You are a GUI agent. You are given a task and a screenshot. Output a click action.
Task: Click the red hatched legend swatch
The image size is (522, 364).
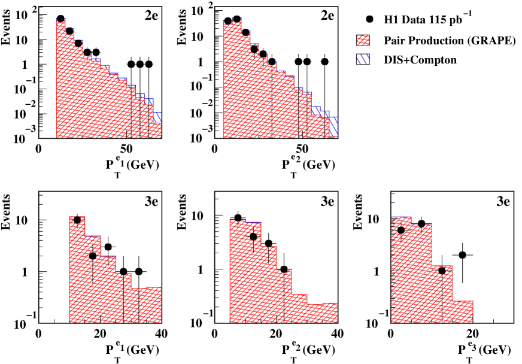[363, 40]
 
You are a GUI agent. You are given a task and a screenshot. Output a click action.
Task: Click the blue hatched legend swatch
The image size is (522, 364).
[363, 59]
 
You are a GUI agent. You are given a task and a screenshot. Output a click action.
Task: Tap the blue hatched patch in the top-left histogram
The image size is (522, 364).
[157, 117]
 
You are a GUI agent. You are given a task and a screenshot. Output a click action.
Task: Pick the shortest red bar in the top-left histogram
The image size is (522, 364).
[155, 130]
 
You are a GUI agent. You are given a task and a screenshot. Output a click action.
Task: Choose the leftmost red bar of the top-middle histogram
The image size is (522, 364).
[227, 81]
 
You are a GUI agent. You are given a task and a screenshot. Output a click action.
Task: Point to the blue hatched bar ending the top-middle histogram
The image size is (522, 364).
[334, 126]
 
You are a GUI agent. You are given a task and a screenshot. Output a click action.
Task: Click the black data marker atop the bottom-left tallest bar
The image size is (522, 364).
[77, 220]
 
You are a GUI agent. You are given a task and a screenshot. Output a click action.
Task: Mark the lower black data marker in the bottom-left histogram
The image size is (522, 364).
[93, 256]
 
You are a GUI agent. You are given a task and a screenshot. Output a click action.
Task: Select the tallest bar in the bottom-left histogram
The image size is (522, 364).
[77, 269]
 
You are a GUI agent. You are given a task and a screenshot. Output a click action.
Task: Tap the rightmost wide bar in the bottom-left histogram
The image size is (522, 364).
[150, 305]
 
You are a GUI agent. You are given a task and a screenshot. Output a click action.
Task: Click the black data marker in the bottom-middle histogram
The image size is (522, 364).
[253, 236]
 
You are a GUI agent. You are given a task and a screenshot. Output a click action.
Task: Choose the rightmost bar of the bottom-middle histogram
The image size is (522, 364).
[330, 313]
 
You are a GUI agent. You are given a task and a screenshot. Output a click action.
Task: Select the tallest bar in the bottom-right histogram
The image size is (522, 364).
[401, 269]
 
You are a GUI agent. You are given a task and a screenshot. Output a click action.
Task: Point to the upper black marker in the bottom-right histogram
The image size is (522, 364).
[400, 229]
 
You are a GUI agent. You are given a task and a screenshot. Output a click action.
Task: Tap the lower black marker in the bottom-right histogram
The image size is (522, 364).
[442, 271]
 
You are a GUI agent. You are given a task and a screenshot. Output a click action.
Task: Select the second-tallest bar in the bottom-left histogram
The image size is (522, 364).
[93, 279]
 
